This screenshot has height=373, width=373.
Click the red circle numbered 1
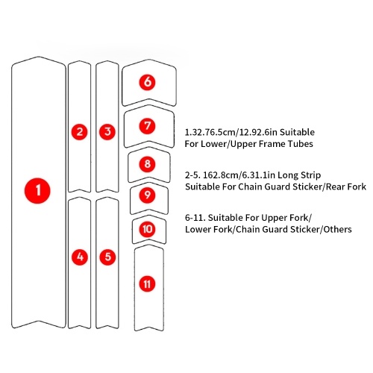[x=37, y=191]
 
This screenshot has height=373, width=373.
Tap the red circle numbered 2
[x=80, y=131]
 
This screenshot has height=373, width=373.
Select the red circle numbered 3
[x=107, y=131]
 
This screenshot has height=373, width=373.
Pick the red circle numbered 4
[x=80, y=257]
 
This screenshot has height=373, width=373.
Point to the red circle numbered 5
[x=107, y=257]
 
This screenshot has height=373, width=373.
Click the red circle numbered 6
[x=147, y=82]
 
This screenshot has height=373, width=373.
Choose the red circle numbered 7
[x=147, y=126]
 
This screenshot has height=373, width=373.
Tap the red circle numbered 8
[x=148, y=164]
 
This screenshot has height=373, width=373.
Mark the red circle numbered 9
[x=148, y=195]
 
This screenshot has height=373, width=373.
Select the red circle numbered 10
[x=148, y=229]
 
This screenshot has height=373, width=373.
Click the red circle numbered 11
[x=147, y=284]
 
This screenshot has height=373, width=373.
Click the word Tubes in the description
[x=301, y=144]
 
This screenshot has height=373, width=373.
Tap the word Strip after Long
[x=310, y=175]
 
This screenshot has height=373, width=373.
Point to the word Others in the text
[x=337, y=229]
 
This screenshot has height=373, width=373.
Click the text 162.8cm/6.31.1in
[x=239, y=175]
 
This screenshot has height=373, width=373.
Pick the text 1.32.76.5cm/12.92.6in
[x=231, y=132]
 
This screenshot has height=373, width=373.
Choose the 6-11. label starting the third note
[x=195, y=218]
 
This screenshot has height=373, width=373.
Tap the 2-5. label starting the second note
[x=192, y=175]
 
